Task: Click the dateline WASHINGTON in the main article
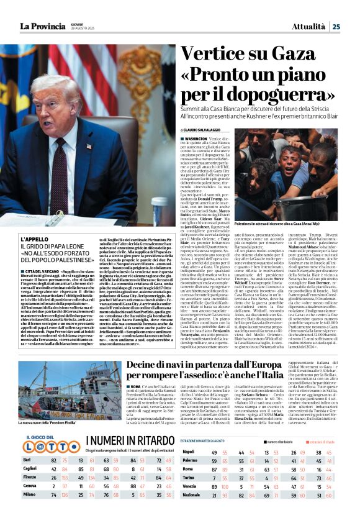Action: (x=196, y=139)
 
